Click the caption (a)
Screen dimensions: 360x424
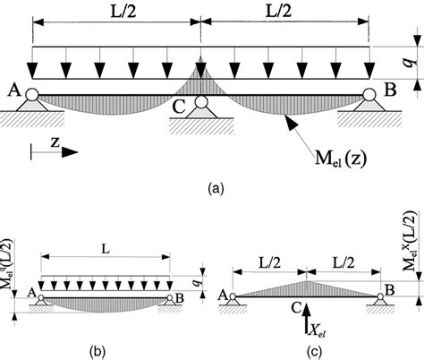coord(213,189)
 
